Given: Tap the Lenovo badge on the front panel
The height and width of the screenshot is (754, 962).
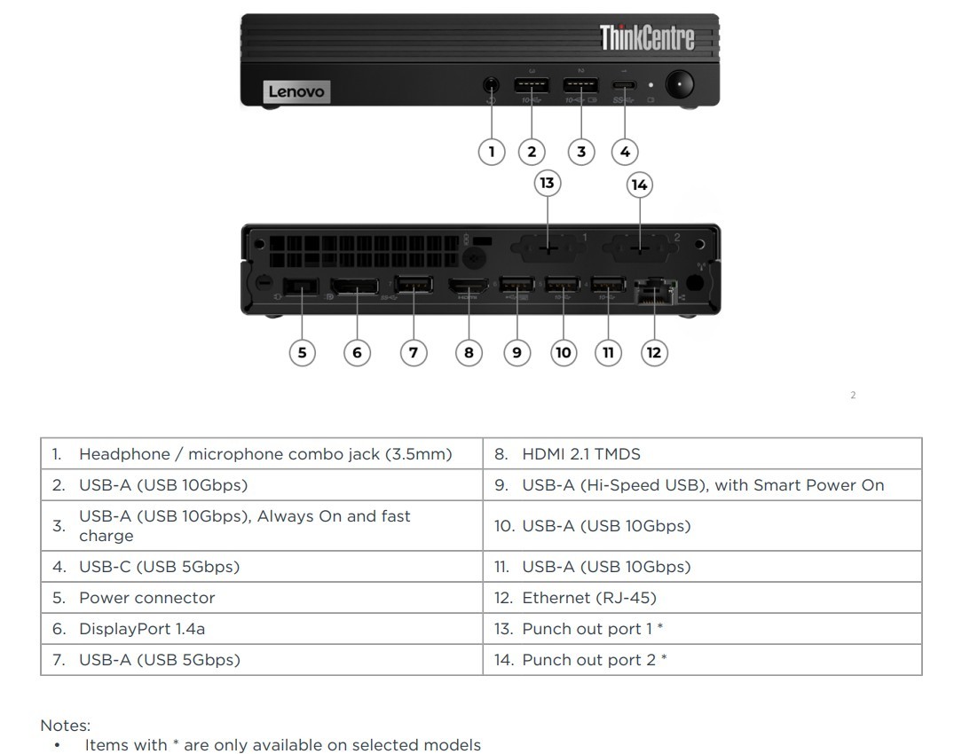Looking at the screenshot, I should coord(296,91).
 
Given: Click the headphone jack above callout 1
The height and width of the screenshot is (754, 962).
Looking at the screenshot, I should coord(491,86).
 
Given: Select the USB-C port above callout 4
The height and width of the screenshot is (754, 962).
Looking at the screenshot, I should coord(625,87).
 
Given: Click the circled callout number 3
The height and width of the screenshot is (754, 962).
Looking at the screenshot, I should coord(581,151).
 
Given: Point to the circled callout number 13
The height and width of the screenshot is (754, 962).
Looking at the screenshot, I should coord(547,184).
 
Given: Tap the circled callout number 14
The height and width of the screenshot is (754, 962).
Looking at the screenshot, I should coord(639,185).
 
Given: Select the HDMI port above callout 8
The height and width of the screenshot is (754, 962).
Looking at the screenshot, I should coord(468,287).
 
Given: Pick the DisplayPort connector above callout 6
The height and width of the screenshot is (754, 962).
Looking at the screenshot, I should coord(355,287).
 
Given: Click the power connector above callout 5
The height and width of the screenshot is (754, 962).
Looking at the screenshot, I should coord(302,287).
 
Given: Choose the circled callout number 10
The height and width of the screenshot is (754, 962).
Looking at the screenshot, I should coord(563,352).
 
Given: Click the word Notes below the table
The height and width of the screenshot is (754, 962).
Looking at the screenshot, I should coord(65,726).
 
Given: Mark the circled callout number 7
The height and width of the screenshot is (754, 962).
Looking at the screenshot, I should coord(414,352).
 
